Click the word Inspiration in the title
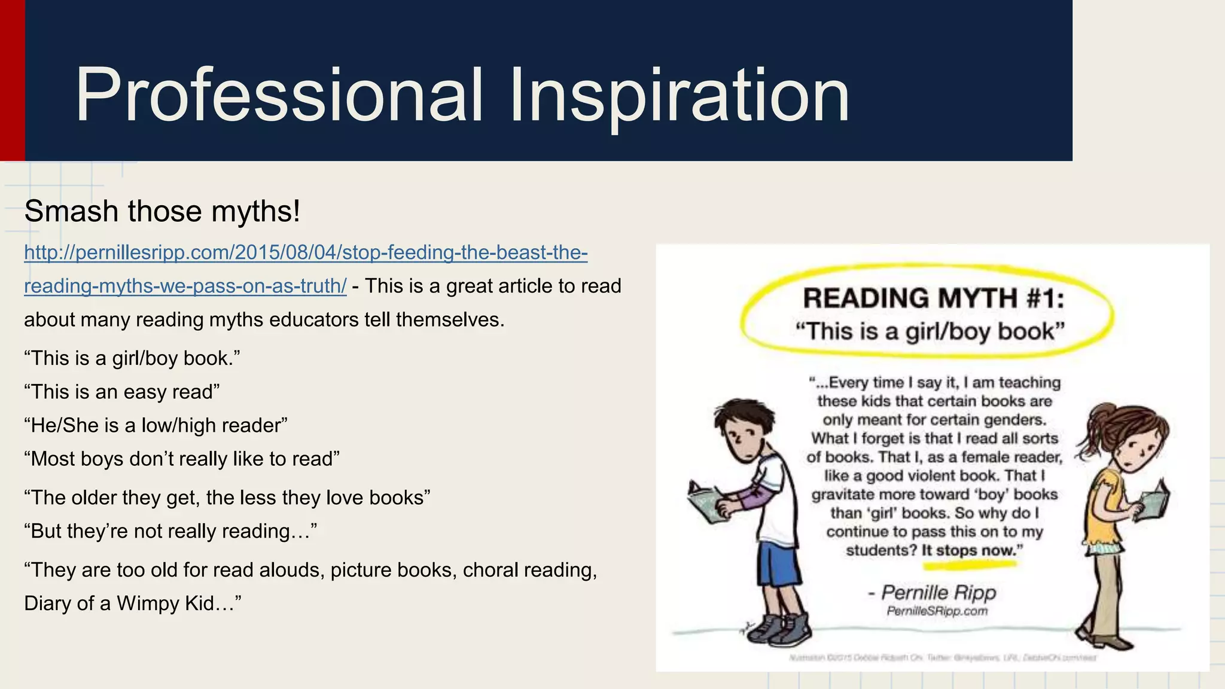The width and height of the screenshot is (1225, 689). tap(679, 96)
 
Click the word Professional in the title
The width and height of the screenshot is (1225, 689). tap(279, 96)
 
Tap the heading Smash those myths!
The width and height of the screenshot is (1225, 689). tap(162, 212)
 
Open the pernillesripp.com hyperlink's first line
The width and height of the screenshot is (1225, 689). tap(306, 253)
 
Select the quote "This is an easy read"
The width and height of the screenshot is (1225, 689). tap(122, 392)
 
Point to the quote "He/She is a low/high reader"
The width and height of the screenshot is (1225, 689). tap(156, 425)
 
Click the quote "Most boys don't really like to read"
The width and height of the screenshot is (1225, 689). tap(182, 459)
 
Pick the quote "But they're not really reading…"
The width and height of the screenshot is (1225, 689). tap(170, 531)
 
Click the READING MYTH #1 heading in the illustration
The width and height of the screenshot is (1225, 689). tap(933, 298)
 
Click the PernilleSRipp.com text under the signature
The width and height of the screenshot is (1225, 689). tap(937, 611)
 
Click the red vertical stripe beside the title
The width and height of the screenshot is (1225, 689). tap(12, 80)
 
